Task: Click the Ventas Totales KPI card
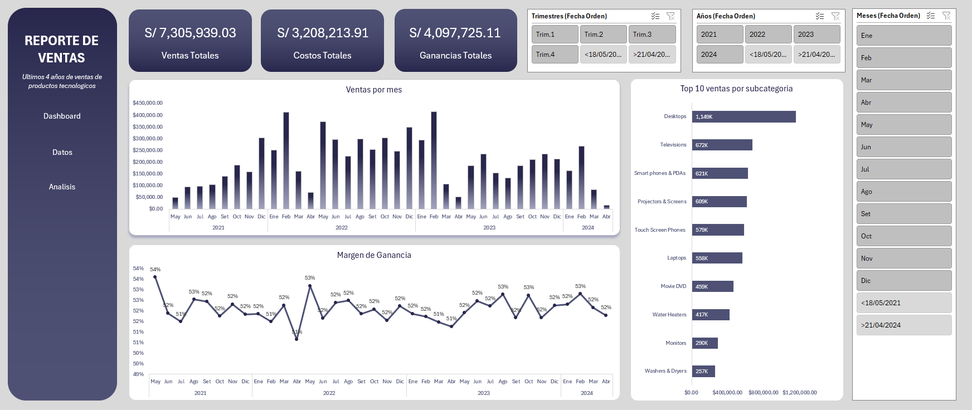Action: (x=190, y=41)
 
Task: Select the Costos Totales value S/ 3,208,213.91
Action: (x=323, y=33)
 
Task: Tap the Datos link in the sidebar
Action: (x=62, y=152)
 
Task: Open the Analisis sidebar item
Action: (x=62, y=187)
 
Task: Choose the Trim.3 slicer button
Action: (x=652, y=35)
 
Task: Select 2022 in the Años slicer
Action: (x=767, y=35)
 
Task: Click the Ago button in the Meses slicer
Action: (x=903, y=192)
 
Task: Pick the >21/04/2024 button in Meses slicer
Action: (x=903, y=325)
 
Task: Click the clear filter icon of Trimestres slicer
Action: (x=670, y=16)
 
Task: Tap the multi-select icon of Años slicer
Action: (x=819, y=16)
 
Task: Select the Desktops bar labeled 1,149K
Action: (x=743, y=117)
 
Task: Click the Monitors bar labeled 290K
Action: (x=704, y=343)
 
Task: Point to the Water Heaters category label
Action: (x=669, y=315)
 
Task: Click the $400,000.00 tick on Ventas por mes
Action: (x=148, y=115)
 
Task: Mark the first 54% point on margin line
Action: (x=155, y=277)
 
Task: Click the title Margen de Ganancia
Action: (x=374, y=255)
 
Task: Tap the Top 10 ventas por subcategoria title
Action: (x=736, y=89)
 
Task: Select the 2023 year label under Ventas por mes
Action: (x=489, y=228)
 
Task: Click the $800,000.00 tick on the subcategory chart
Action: (x=763, y=393)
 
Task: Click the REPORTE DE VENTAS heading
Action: (x=62, y=49)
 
